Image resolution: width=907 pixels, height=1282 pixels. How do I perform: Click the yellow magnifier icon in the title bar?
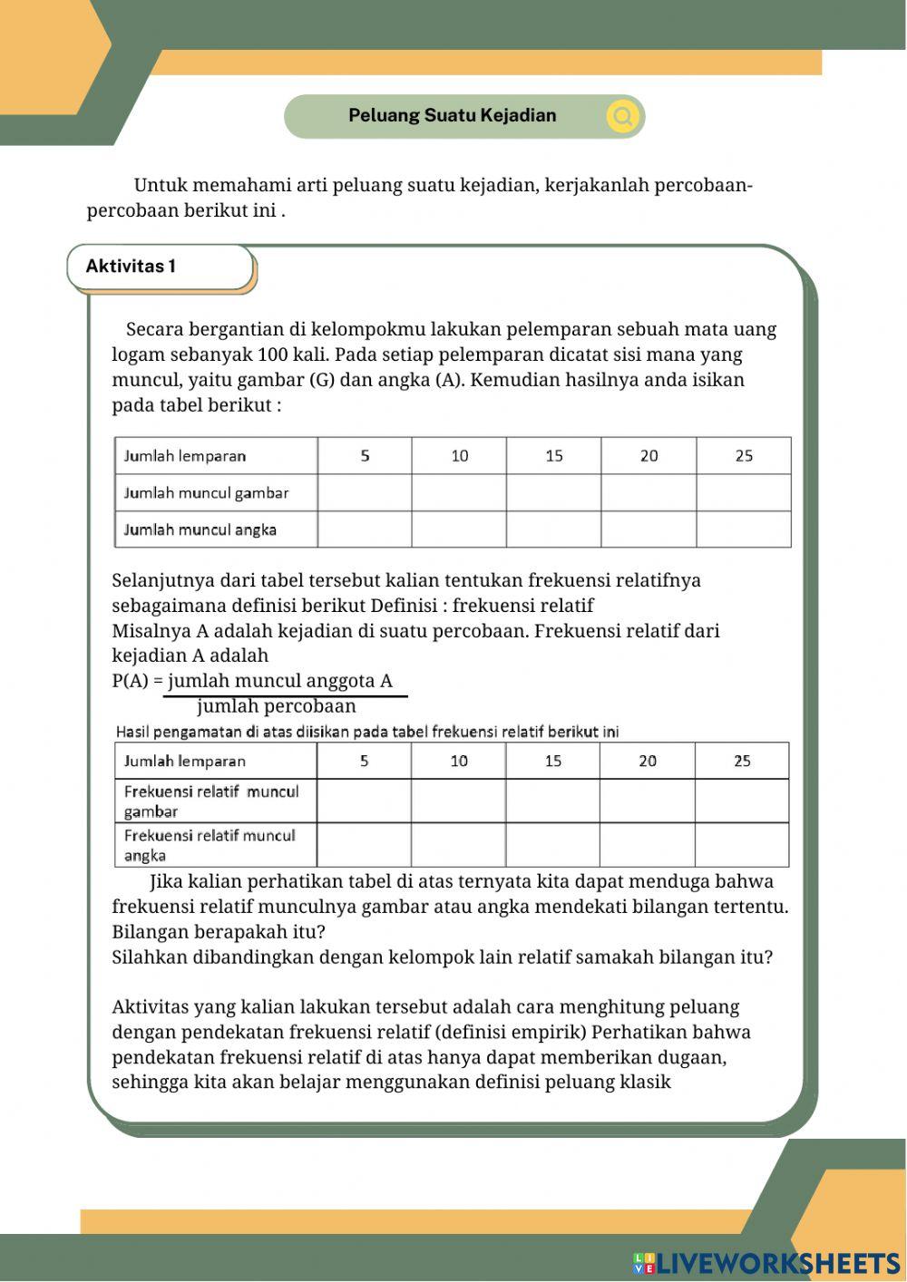623,116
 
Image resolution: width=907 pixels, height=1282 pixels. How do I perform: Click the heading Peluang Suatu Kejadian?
452,116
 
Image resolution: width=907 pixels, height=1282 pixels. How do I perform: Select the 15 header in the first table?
553,456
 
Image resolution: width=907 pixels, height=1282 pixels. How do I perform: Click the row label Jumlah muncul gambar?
206,493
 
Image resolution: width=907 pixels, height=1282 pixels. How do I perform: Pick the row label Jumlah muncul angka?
200,529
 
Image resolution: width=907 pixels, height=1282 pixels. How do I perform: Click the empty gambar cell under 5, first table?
365,493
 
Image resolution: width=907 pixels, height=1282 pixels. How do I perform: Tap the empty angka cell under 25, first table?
744,529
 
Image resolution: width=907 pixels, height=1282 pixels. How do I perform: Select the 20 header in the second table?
648,761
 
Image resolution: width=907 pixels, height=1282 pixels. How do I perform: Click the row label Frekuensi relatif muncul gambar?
211,801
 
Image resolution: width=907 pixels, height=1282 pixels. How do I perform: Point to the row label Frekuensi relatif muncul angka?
210,845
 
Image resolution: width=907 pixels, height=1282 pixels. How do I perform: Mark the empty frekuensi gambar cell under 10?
459,801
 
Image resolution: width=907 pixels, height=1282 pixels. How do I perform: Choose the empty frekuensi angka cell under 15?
553,845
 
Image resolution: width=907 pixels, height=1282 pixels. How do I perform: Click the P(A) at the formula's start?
131,681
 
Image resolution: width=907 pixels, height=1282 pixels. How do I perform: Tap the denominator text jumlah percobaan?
277,706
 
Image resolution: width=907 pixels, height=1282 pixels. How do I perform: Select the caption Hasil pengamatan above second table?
367,732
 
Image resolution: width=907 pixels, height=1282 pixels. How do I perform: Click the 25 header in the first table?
744,456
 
